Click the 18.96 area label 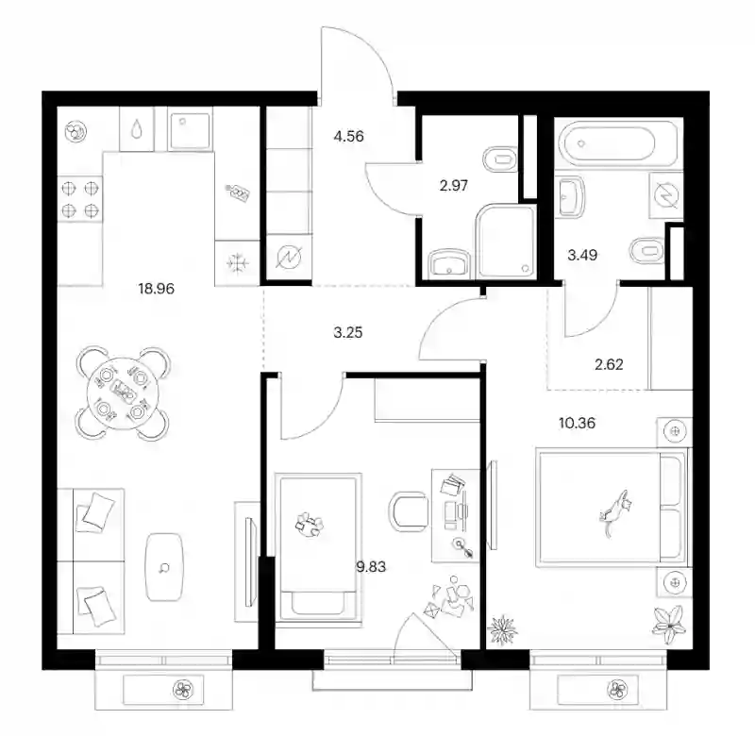(x=156, y=289)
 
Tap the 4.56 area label (x=348, y=136)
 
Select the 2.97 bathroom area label (x=454, y=185)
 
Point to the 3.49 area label (x=582, y=255)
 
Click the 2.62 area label (x=609, y=364)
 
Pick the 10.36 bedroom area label (x=577, y=423)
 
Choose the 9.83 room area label (x=371, y=566)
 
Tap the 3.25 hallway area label (x=347, y=332)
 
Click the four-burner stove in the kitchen (x=80, y=199)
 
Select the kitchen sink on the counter (x=191, y=130)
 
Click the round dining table (x=123, y=393)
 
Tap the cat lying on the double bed (x=614, y=512)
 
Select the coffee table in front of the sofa (x=164, y=567)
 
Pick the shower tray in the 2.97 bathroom (x=506, y=242)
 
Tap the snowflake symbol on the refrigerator (x=238, y=263)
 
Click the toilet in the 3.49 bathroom (x=646, y=250)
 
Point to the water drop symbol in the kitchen (x=137, y=128)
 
